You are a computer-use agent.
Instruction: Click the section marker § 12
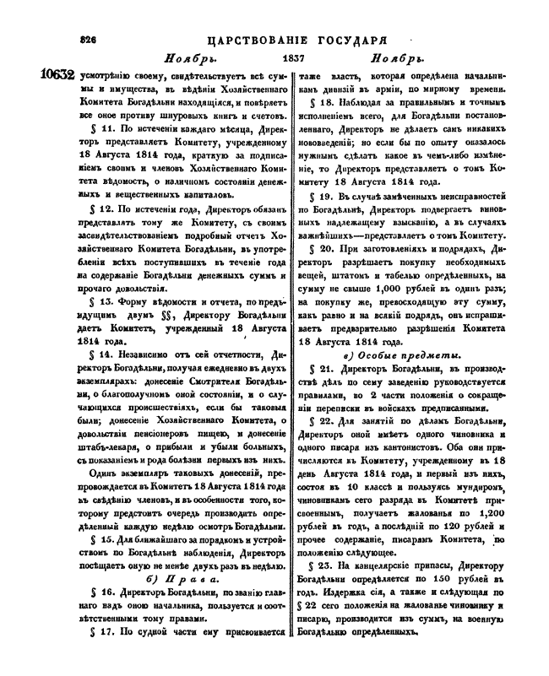click(x=103, y=208)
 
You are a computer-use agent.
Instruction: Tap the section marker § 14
click(x=103, y=354)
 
